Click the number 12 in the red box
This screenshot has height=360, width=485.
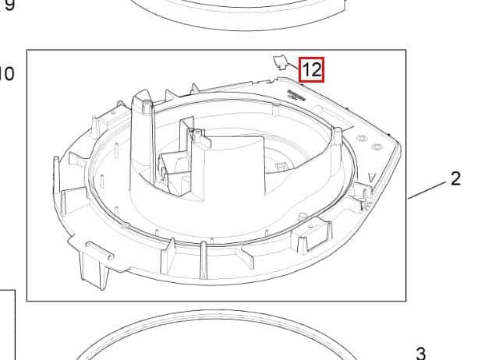(x=311, y=69)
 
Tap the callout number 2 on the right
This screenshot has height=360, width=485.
(x=455, y=178)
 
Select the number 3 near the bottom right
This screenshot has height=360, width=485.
(x=420, y=352)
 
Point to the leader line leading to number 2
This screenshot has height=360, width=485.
(x=427, y=189)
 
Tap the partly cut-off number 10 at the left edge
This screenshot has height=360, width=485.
(x=6, y=75)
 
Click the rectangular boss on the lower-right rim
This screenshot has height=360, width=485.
(x=305, y=237)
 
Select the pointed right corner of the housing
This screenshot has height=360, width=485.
(x=398, y=144)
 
